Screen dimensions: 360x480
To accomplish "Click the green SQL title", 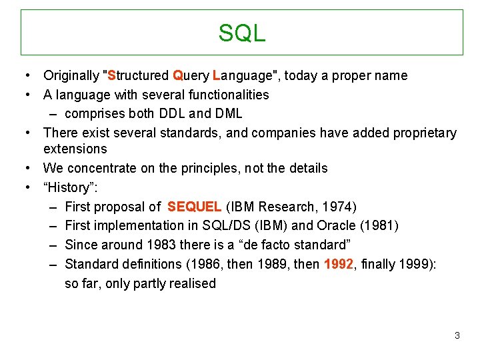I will point(241,33).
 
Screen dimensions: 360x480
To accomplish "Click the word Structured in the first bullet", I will point(137,75).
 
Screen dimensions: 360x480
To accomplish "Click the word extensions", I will point(75,149).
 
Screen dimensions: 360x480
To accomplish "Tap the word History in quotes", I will point(69,187).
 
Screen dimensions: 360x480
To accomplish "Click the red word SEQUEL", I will point(195,207).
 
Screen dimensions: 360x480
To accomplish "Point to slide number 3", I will point(457,335).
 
